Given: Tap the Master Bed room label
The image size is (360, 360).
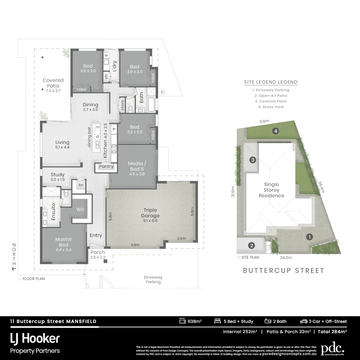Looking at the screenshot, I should pos(64,242).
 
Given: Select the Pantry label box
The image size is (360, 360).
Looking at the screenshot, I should pos(106,166).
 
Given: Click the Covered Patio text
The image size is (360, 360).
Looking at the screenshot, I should pos(53,83).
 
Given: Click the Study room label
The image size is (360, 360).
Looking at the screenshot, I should pos(58,175).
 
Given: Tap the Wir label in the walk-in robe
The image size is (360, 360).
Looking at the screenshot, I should pos(80,209).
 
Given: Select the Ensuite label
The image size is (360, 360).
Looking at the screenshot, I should pos(53,212).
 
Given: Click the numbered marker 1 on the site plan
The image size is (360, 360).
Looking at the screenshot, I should pos(310,237).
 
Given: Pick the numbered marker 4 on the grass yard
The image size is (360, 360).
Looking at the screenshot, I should pos(276,131).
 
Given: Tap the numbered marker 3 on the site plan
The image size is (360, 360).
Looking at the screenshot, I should pos(253,160).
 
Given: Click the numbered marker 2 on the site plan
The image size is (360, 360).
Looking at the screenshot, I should pos(252,246).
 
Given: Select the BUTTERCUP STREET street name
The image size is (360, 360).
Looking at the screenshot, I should pos(284,270).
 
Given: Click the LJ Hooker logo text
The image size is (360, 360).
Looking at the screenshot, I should pos(35,339).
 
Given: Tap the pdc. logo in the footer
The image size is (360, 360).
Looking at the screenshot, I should pos(332,349).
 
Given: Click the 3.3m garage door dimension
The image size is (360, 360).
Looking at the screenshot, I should pos(181,238).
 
